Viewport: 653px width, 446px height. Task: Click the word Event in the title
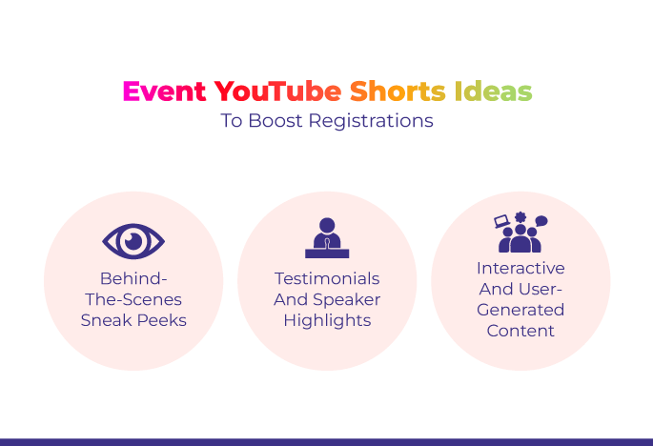click(x=165, y=91)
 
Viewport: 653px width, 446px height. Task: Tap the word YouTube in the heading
click(x=277, y=91)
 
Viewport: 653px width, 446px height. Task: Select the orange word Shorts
click(x=398, y=91)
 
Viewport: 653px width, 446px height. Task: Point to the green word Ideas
click(x=493, y=91)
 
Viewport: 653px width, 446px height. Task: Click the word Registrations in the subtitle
click(x=371, y=121)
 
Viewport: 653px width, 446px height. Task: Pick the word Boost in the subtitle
click(x=275, y=121)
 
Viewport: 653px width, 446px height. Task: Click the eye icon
click(x=133, y=241)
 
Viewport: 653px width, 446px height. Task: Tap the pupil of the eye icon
click(x=133, y=241)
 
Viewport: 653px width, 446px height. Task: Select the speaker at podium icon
click(x=327, y=238)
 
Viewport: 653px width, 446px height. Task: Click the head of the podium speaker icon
click(x=327, y=225)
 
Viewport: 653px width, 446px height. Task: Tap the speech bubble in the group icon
click(x=541, y=221)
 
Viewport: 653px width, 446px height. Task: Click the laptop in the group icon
click(x=501, y=221)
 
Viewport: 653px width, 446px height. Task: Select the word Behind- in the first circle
click(x=133, y=278)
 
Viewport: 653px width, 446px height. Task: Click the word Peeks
click(x=162, y=320)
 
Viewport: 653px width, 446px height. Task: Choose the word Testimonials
click(x=327, y=278)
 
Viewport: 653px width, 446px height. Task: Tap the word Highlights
click(x=327, y=320)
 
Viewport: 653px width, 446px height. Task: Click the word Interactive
click(x=520, y=268)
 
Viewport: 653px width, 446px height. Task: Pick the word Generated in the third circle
click(x=520, y=310)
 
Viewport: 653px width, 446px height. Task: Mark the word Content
click(x=520, y=331)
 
